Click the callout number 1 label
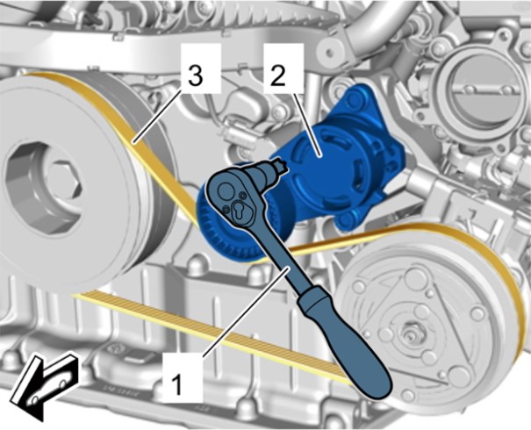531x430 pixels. [176, 385]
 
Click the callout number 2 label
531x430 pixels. [278, 77]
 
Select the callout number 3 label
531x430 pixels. [196, 76]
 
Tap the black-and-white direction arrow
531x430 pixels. [43, 385]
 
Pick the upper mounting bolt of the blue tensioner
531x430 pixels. [355, 99]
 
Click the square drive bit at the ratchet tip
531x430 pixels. [280, 166]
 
